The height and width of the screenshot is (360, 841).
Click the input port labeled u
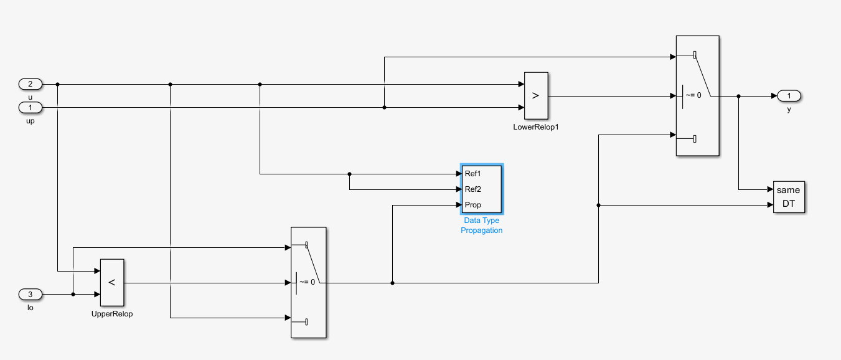click(31, 84)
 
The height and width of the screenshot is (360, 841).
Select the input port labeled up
click(31, 108)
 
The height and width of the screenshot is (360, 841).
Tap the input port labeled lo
click(31, 294)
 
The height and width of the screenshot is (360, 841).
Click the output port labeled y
click(789, 96)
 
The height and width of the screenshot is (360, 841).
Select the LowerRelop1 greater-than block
click(536, 96)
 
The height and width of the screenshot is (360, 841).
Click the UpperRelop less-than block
click(112, 282)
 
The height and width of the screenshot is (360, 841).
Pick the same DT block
click(789, 197)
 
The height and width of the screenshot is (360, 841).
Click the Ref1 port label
click(473, 174)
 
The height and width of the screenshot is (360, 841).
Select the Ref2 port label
click(473, 189)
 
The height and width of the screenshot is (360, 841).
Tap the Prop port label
click(473, 205)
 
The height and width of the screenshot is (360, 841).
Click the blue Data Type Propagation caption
click(481, 225)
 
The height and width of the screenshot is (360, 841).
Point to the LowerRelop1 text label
click(535, 126)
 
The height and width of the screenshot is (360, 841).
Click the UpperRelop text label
click(112, 313)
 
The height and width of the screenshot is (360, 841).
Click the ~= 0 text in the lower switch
click(308, 282)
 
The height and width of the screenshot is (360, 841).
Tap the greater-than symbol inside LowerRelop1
click(536, 96)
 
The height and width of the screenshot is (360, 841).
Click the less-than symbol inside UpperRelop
click(112, 282)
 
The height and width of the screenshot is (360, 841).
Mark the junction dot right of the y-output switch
click(738, 97)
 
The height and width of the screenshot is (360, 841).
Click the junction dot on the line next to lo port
click(73, 294)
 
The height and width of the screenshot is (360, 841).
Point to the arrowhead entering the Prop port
click(458, 205)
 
